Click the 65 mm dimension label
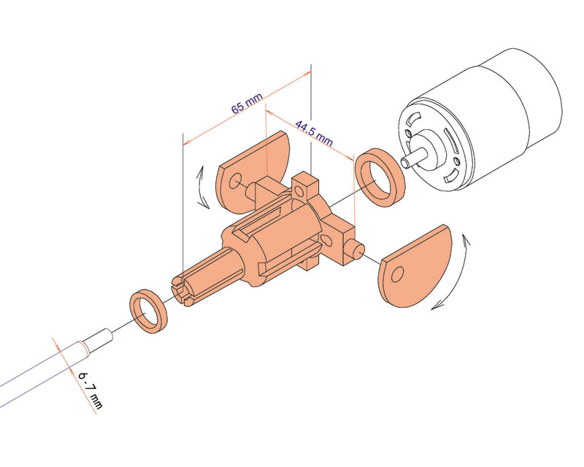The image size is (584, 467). coord(247,103)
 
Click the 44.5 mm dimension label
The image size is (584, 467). coord(314,133)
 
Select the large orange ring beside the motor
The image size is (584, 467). coord(380,177)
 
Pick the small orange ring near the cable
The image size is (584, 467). coord(148,311)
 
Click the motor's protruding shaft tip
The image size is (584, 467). coord(406,163)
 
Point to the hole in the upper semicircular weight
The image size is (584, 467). coord(235,182)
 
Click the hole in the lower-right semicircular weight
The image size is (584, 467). coord(397,274)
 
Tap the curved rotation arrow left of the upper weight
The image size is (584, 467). coord(202,187)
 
